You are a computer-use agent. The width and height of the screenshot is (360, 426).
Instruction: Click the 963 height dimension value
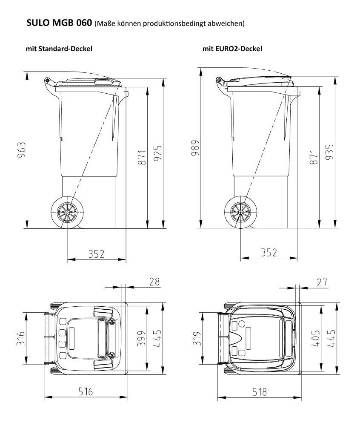tap(21, 150)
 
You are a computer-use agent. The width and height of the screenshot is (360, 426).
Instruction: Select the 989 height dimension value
tap(195, 148)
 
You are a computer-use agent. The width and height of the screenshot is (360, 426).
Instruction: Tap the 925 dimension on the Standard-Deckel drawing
tap(157, 153)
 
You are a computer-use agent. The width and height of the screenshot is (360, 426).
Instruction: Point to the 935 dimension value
tap(330, 152)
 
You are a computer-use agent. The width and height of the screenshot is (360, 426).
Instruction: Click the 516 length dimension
tap(86, 391)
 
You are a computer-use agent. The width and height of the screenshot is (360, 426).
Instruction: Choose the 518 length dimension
tap(260, 392)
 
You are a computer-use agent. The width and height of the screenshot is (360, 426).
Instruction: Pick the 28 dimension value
tap(154, 282)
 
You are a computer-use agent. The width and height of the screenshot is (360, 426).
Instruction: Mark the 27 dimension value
tap(322, 283)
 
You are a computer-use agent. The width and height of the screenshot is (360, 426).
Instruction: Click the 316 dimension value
tap(20, 338)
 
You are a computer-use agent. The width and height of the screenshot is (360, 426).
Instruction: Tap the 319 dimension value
tap(197, 338)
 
